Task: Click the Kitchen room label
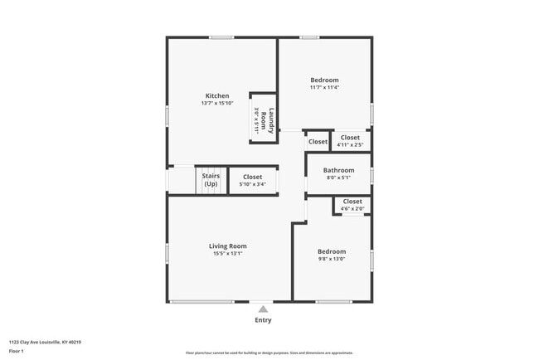pyautogui.click(x=217, y=95)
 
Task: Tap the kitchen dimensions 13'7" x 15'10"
pyautogui.click(x=217, y=104)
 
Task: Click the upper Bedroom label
pyautogui.click(x=325, y=80)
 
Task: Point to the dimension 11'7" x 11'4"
pyautogui.click(x=325, y=87)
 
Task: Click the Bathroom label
pyautogui.click(x=338, y=170)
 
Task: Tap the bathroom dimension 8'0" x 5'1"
pyautogui.click(x=338, y=178)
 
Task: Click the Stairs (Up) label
pyautogui.click(x=211, y=180)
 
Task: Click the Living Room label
pyautogui.click(x=227, y=246)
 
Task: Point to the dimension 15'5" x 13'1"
pyautogui.click(x=227, y=254)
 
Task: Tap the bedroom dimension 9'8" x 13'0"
pyautogui.click(x=332, y=259)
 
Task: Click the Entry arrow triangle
pyautogui.click(x=263, y=309)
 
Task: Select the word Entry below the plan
pyautogui.click(x=263, y=320)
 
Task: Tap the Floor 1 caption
pyautogui.click(x=17, y=351)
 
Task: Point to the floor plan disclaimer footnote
pyautogui.click(x=269, y=352)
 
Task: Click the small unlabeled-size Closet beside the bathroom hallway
pyautogui.click(x=318, y=142)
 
